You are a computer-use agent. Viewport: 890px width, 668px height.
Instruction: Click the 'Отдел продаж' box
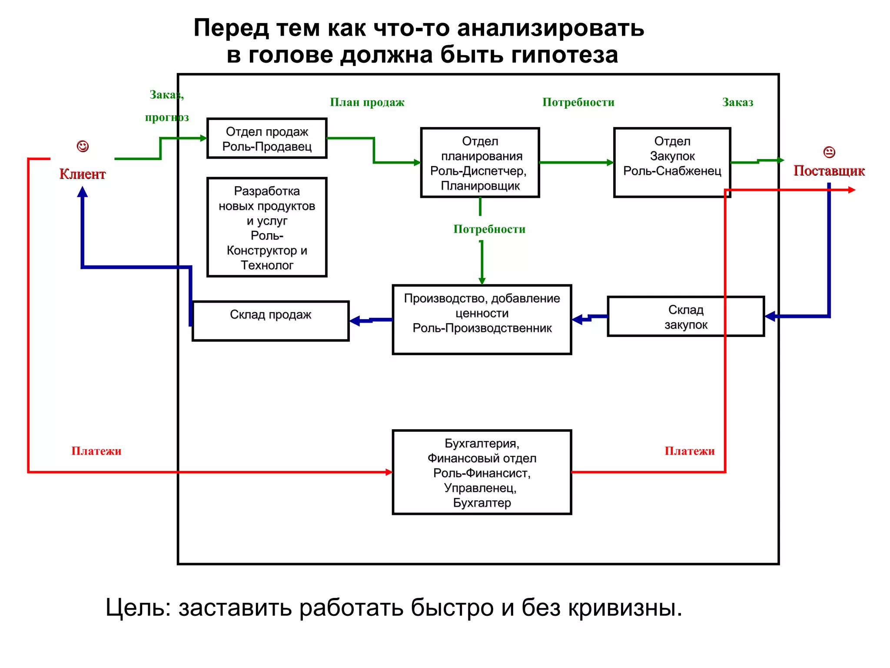pyautogui.click(x=267, y=138)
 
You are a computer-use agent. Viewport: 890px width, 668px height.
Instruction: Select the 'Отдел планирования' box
pyautogui.click(x=480, y=163)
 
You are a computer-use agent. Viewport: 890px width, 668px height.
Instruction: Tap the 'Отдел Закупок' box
pyautogui.click(x=672, y=162)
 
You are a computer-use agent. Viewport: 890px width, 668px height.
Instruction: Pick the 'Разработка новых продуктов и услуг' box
pyautogui.click(x=267, y=227)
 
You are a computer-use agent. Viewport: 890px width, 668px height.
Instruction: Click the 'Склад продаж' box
pyautogui.click(x=270, y=321)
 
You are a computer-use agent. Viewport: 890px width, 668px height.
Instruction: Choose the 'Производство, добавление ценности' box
pyautogui.click(x=482, y=320)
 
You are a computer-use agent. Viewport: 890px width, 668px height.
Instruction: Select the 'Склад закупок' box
pyautogui.click(x=685, y=317)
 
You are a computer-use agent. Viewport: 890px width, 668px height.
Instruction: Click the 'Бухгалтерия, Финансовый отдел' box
pyautogui.click(x=482, y=472)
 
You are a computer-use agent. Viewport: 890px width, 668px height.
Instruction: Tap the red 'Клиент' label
pyautogui.click(x=83, y=174)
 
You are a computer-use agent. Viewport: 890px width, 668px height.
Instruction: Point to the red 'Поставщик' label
pyautogui.click(x=829, y=171)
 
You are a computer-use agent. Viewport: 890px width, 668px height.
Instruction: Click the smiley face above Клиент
pyautogui.click(x=83, y=146)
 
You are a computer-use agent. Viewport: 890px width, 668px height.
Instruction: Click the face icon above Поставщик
pyautogui.click(x=829, y=152)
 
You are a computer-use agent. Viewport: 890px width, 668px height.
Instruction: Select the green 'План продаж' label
pyautogui.click(x=367, y=103)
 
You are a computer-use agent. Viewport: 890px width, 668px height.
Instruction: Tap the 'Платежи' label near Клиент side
pyautogui.click(x=96, y=451)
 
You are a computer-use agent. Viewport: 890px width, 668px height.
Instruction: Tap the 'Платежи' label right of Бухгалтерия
pyautogui.click(x=689, y=451)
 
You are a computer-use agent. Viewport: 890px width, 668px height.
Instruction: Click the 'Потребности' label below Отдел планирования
pyautogui.click(x=489, y=229)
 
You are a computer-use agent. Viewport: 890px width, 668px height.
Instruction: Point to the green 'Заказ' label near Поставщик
pyautogui.click(x=737, y=103)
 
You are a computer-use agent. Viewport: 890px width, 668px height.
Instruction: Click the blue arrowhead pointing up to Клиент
pyautogui.click(x=83, y=192)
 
